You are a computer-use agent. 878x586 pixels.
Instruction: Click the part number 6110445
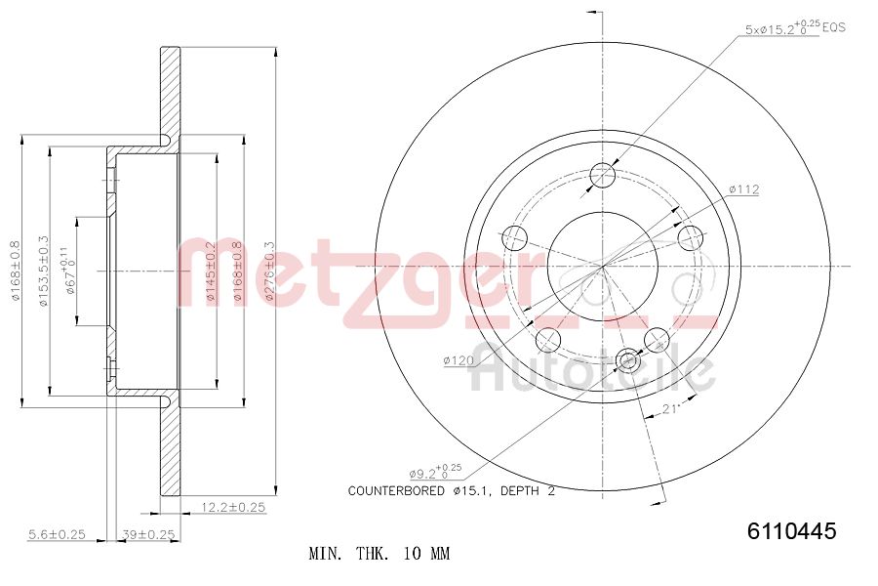791,531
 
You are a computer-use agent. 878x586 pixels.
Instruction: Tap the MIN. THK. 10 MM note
379,554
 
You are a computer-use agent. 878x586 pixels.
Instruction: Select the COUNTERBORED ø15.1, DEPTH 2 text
451,491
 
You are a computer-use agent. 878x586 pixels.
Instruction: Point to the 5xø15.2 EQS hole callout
794,28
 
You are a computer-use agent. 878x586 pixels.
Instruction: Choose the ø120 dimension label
458,360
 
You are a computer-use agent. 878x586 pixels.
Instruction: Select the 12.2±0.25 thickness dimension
233,507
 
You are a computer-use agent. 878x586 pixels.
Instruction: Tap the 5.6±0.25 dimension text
57,534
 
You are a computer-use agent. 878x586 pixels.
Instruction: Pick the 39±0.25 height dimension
147,534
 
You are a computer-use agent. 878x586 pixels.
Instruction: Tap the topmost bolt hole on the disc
604,176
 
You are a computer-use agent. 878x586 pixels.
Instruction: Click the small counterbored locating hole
629,362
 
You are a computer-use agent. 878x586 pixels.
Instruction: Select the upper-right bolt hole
691,237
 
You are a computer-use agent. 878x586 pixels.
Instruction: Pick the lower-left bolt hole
549,339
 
